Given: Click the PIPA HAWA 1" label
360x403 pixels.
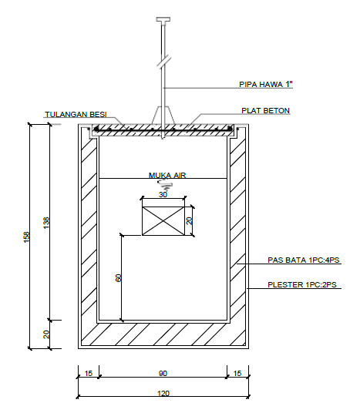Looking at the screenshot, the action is (266, 84).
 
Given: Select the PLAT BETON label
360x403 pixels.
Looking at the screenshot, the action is (266, 110).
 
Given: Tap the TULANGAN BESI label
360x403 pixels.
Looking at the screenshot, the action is (76, 114).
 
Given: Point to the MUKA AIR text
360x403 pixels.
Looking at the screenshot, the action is (167, 175).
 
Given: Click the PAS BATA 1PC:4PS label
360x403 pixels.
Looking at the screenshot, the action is (304, 260).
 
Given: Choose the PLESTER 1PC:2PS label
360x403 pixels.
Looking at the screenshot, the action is (302, 285).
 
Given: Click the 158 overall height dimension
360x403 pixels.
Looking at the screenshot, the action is (27, 237).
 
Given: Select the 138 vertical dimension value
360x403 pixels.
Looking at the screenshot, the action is (46, 223).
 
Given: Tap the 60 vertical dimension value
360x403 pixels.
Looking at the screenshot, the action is (118, 278).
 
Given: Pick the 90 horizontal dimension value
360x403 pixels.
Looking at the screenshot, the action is (163, 373).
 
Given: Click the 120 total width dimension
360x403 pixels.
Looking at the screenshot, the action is (163, 394).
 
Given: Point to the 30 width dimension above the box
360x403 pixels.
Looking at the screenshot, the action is (163, 194).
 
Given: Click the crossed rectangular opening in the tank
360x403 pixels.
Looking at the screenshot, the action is (163, 221).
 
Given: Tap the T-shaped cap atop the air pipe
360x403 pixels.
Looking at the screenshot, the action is (163, 19).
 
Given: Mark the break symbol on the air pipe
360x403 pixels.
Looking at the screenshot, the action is (164, 61).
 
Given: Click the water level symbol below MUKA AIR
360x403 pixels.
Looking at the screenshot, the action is (164, 183).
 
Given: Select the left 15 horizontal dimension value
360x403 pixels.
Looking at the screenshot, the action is (89, 373).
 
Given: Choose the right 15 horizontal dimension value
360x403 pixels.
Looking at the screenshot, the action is (237, 373).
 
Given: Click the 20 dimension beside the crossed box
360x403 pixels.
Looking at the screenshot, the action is (189, 221).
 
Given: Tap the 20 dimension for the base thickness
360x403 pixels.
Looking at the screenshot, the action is (46, 334).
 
